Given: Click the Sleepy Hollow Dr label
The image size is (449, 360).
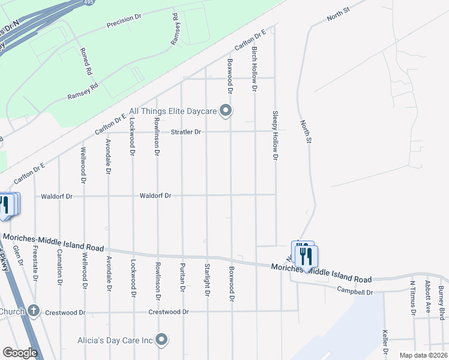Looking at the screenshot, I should pyautogui.click(x=276, y=135).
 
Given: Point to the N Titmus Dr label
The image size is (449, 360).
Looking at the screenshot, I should pyautogui.click(x=412, y=297).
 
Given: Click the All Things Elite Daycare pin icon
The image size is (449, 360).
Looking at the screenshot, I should pyautogui.click(x=226, y=110).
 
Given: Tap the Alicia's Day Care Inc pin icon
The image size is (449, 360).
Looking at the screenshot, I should pyautogui.click(x=161, y=340).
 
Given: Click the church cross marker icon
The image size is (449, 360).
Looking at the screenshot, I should pyautogui.click(x=34, y=311).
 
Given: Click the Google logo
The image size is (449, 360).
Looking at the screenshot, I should pyautogui.click(x=20, y=353).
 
